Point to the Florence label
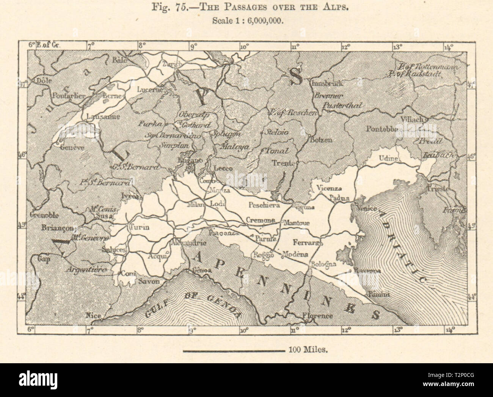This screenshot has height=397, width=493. pos(317,315)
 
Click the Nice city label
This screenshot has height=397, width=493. pos(91,315)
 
